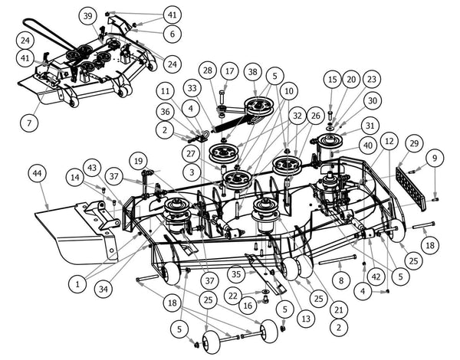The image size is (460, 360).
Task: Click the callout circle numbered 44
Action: click(x=37, y=174)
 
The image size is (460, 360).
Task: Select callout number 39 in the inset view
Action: click(x=87, y=16)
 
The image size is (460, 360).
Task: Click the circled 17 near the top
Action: click(x=228, y=71)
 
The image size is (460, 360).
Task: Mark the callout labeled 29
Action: click(x=413, y=144)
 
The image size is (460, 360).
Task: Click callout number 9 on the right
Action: click(x=435, y=159)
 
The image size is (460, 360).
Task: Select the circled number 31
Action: click(x=370, y=126)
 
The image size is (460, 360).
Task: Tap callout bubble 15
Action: click(x=331, y=79)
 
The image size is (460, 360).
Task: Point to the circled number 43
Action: click(x=93, y=169)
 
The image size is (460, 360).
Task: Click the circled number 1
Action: click(x=77, y=283)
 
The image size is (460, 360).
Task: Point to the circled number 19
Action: click(x=138, y=162)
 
